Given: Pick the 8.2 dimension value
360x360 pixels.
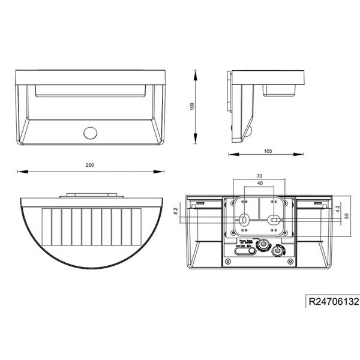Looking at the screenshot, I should pos(175,211).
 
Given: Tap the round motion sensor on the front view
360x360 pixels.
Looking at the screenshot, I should pos(92,133).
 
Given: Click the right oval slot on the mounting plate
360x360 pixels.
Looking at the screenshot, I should pos(274,221).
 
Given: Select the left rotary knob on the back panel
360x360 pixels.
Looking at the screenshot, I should pos(262,245).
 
